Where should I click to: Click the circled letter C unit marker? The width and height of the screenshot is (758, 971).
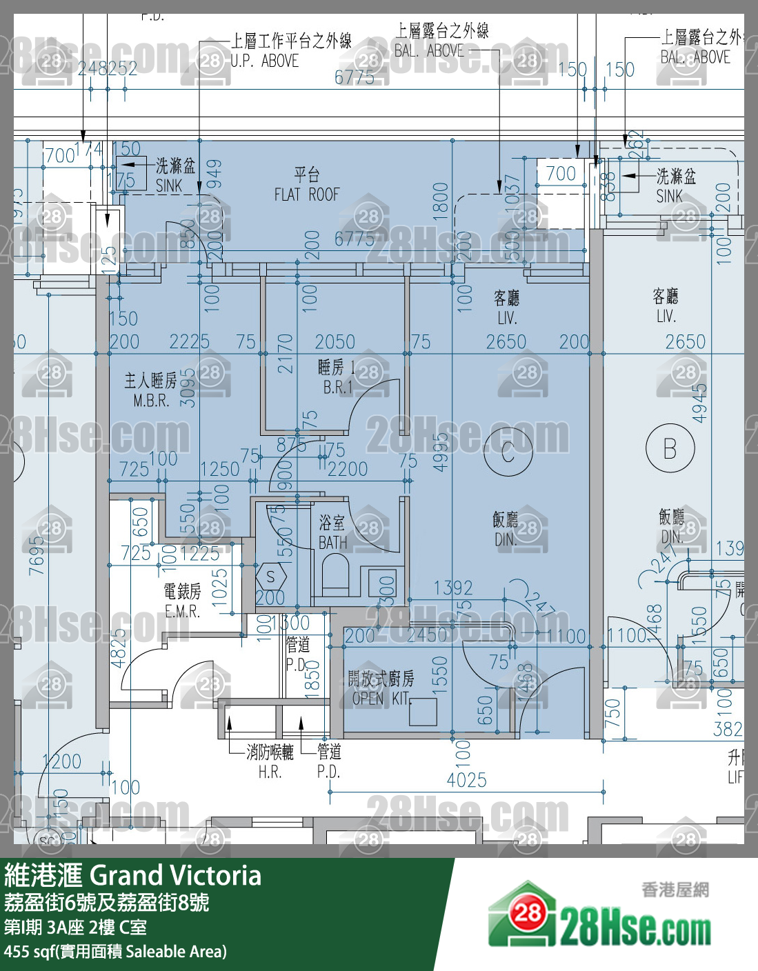[508, 452]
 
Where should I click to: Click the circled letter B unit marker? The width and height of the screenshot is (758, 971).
[670, 449]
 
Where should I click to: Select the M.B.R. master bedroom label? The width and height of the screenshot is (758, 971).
[151, 390]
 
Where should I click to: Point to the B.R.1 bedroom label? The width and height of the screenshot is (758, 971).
[337, 377]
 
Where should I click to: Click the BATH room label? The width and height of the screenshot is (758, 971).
[332, 533]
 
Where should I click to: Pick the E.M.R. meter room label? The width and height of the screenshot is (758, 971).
[182, 601]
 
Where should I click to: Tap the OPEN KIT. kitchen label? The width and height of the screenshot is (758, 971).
[381, 688]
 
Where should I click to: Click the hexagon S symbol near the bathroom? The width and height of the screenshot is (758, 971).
[270, 577]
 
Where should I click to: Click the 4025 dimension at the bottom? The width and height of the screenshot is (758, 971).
[467, 780]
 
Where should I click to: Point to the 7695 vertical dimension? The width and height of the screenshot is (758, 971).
[37, 556]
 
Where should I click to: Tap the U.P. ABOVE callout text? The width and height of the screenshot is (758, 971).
[264, 61]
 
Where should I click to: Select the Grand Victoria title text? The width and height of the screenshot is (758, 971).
[132, 876]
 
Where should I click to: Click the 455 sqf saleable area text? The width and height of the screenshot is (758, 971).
[114, 952]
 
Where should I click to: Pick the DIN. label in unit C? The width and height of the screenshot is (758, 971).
[506, 529]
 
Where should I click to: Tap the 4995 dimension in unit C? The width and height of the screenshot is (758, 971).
[441, 452]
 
